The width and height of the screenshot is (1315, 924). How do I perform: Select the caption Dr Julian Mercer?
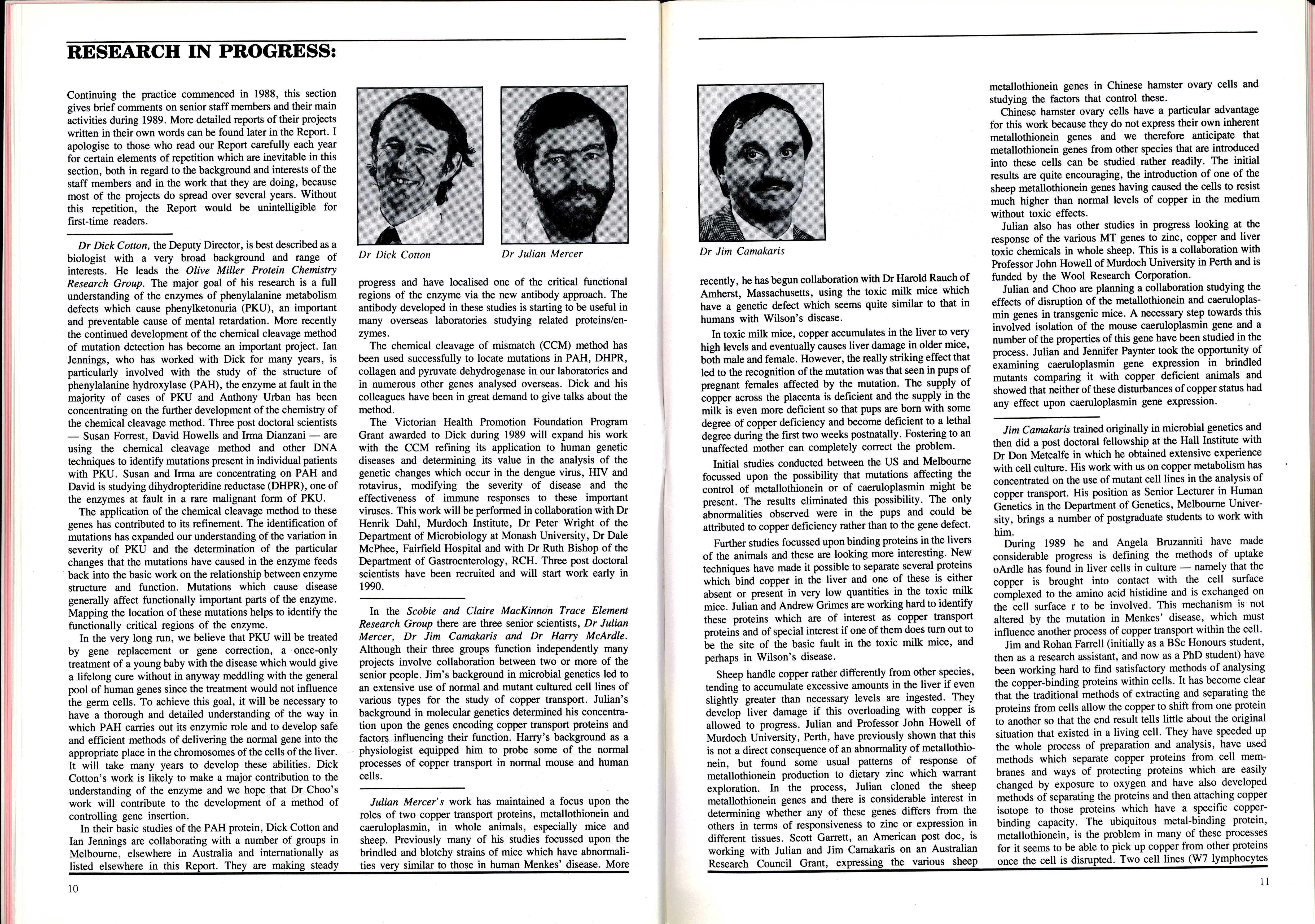542,254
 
